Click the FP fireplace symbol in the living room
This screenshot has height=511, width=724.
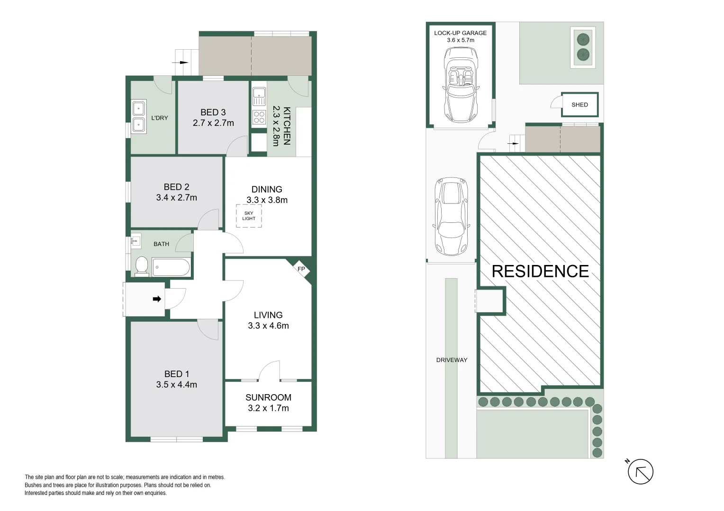pyautogui.click(x=301, y=269)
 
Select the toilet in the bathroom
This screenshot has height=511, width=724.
pyautogui.click(x=141, y=267)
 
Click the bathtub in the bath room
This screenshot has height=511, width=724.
pyautogui.click(x=171, y=267)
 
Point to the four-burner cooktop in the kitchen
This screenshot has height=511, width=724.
pyautogui.click(x=259, y=117)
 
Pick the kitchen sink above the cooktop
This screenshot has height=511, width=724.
pyautogui.click(x=259, y=96)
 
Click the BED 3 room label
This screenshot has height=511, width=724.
pyautogui.click(x=213, y=112)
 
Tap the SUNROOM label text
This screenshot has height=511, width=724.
pyautogui.click(x=268, y=397)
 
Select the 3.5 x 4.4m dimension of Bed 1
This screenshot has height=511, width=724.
pyautogui.click(x=176, y=385)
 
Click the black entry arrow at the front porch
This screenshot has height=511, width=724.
pyautogui.click(x=157, y=299)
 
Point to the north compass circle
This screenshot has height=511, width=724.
pyautogui.click(x=641, y=472)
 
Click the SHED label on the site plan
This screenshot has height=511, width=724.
pyautogui.click(x=579, y=105)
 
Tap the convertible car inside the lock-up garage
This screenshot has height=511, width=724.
pyautogui.click(x=461, y=85)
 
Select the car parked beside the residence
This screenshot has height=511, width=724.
pyautogui.click(x=451, y=216)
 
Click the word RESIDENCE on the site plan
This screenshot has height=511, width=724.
pyautogui.click(x=540, y=271)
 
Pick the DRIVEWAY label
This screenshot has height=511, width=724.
pyautogui.click(x=452, y=360)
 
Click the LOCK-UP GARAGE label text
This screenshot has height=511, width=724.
pyautogui.click(x=460, y=33)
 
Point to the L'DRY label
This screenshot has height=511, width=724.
pyautogui.click(x=160, y=118)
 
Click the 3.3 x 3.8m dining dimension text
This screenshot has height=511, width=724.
pyautogui.click(x=267, y=200)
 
